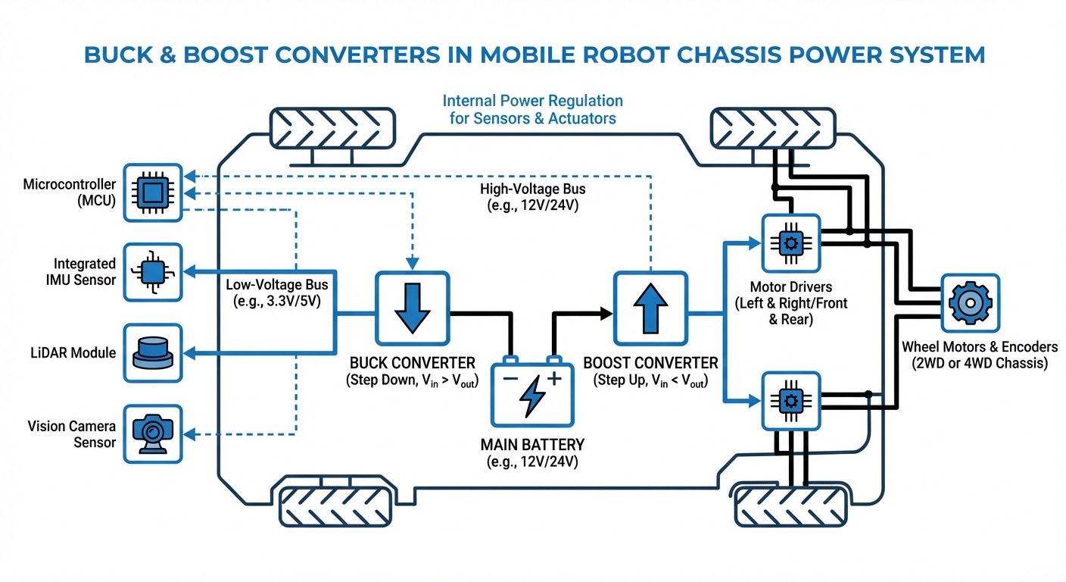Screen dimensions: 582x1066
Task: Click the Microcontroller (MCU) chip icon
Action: point(152,192)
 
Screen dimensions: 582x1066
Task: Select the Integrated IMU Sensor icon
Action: point(152,272)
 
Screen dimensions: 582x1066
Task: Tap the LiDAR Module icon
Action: point(152,352)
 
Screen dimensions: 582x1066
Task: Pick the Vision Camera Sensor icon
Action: point(152,433)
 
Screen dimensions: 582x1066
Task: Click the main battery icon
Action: point(532,393)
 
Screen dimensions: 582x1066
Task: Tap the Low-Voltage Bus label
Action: point(277,293)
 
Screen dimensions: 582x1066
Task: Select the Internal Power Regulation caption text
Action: point(532,109)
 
